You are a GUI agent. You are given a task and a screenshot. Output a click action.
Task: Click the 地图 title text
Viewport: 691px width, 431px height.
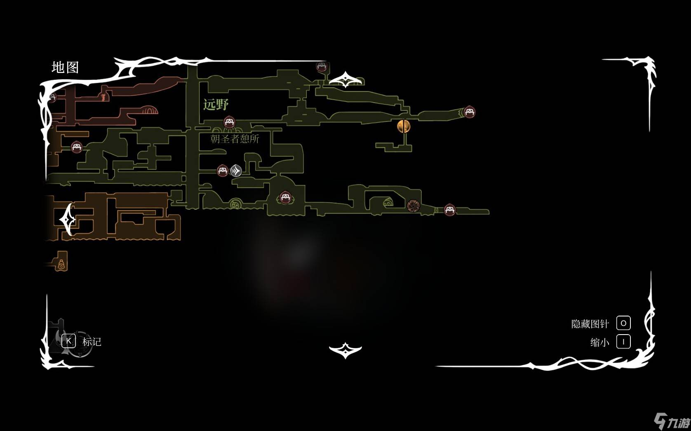[65, 67]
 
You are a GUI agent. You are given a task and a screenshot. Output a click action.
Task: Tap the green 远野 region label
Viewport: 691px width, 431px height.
[216, 104]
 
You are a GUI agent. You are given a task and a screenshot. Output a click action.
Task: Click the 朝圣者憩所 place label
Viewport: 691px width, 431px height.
[235, 139]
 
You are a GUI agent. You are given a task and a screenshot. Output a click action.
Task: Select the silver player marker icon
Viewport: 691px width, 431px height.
[236, 170]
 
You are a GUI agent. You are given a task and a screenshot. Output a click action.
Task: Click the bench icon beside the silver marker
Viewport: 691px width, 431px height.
[223, 170]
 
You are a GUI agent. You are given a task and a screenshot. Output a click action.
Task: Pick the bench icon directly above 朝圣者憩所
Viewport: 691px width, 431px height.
[229, 122]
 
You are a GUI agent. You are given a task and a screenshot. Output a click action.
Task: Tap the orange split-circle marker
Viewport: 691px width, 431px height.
[404, 126]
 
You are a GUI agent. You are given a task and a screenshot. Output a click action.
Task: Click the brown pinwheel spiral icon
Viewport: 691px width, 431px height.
[413, 206]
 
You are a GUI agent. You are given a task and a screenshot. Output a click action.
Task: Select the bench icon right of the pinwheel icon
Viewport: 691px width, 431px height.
[449, 210]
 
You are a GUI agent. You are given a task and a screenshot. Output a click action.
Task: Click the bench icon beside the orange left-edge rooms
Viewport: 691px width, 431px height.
[76, 147]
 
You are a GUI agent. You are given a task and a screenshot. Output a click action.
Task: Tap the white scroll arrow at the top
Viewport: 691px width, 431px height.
[345, 79]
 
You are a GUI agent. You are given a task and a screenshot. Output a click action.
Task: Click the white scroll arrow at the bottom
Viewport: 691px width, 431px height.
[345, 350]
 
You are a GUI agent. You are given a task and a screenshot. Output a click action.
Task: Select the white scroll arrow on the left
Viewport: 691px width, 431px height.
[67, 219]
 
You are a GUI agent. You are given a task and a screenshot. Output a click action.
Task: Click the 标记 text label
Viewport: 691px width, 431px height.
[92, 342]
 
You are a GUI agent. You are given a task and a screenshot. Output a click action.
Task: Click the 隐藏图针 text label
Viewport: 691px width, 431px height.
[590, 324]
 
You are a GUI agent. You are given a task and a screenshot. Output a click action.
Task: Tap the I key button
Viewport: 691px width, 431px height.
[623, 342]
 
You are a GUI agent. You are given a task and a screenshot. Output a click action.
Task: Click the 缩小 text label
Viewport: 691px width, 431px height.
[599, 342]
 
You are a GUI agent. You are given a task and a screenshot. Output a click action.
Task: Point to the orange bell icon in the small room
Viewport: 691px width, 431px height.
[61, 264]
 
